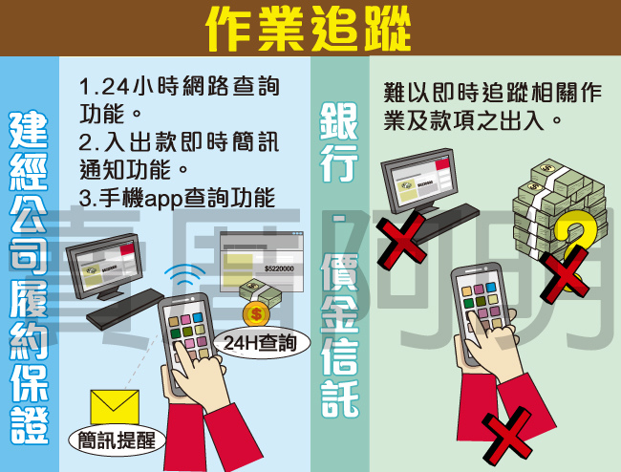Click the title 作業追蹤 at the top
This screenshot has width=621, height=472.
[x=310, y=29]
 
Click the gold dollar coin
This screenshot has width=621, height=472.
[x=256, y=311]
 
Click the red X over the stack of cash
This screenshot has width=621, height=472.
[x=566, y=272]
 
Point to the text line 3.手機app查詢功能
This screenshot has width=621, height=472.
[x=176, y=199]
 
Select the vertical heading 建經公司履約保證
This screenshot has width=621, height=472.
[x=29, y=277]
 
